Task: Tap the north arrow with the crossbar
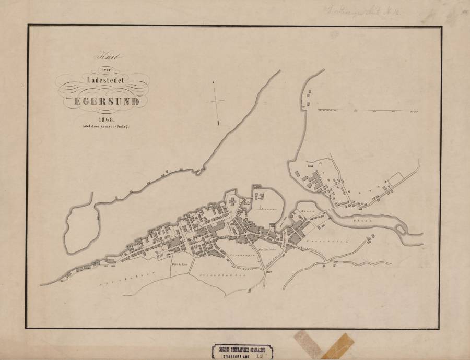point(216,102)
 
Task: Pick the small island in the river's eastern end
point(401,230)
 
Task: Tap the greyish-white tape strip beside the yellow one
point(309,342)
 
